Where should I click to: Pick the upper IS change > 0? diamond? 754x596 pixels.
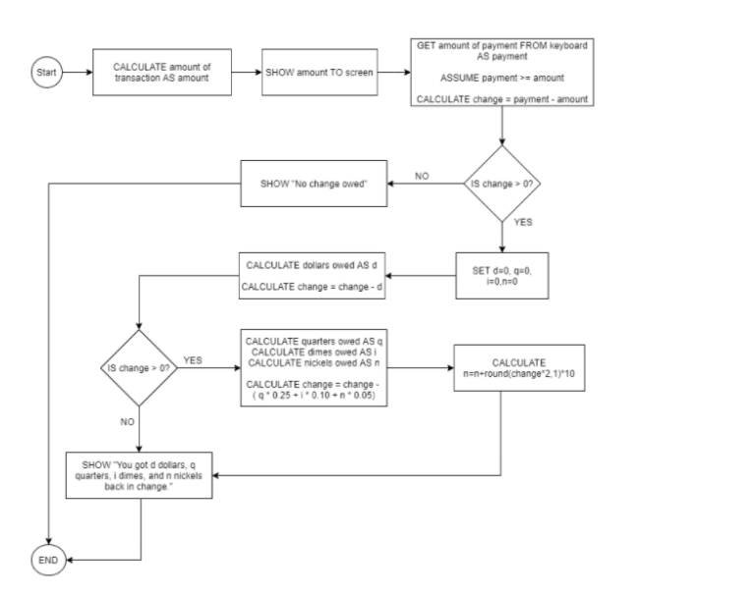[x=502, y=183]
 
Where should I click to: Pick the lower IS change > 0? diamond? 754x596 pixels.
[x=141, y=368]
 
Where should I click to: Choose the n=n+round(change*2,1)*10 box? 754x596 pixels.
[x=518, y=368]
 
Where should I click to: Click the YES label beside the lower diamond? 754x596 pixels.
[x=193, y=359]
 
